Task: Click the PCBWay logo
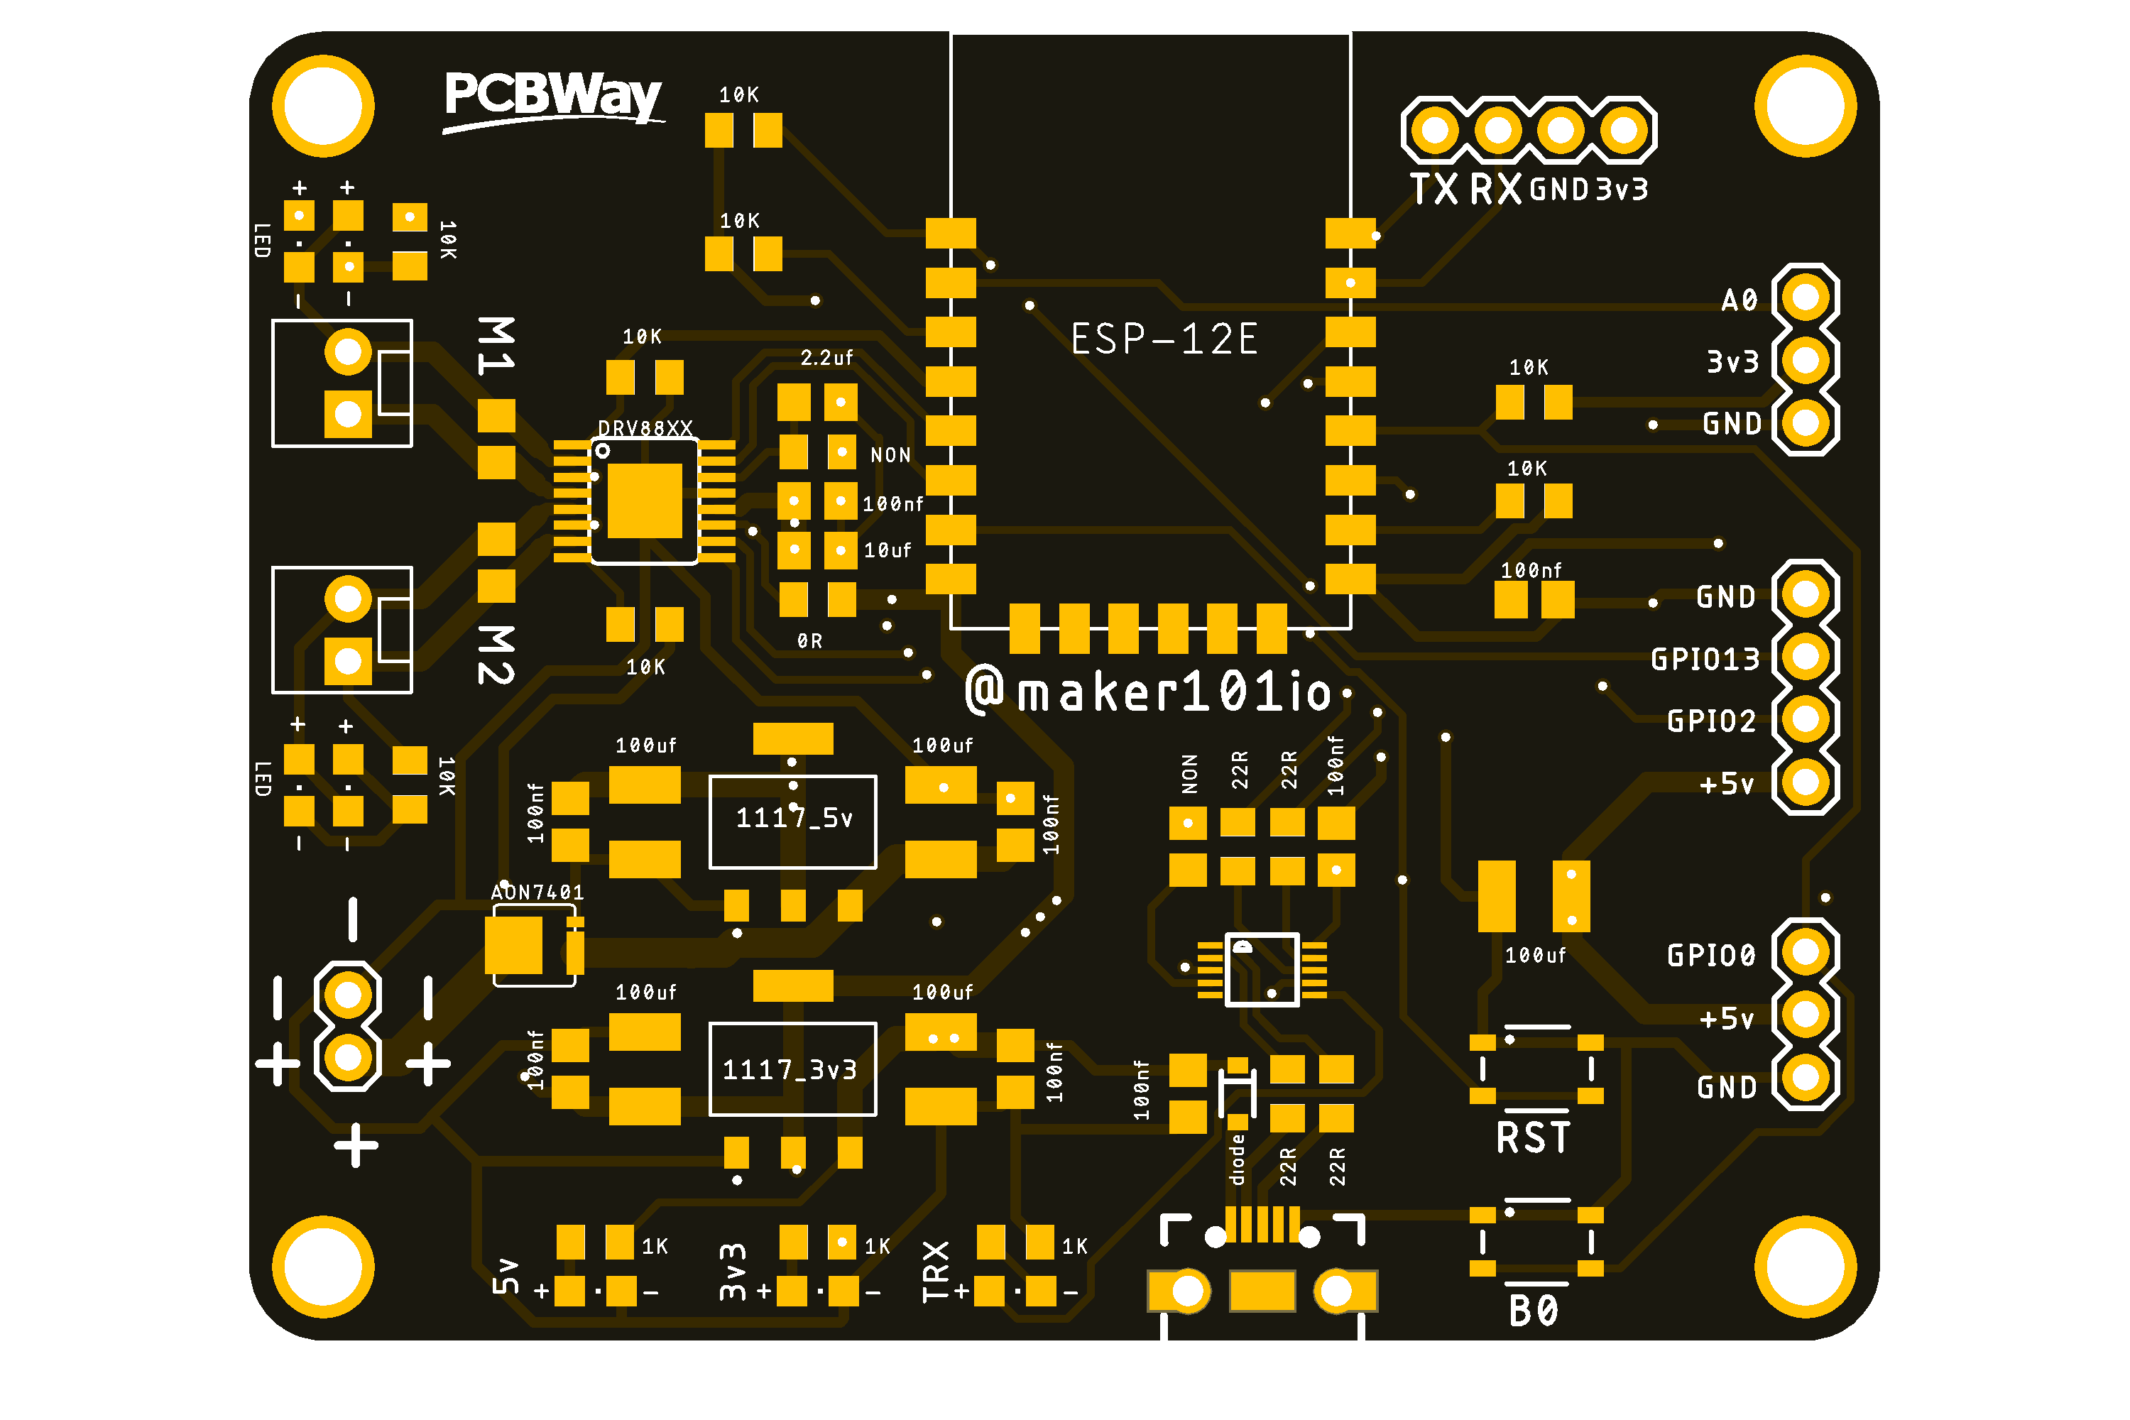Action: [x=552, y=98]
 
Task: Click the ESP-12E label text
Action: [x=1164, y=339]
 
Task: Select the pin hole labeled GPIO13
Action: [x=1805, y=657]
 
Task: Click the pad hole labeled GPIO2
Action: [x=1805, y=719]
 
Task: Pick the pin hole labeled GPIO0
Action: [x=1805, y=952]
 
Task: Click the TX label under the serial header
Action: [x=1434, y=190]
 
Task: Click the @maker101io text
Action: [x=1148, y=692]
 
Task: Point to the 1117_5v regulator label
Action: [x=793, y=819]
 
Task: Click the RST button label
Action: [x=1533, y=1138]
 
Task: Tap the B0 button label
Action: [x=1533, y=1311]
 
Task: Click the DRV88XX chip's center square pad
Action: [x=644, y=501]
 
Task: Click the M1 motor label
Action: [x=496, y=346]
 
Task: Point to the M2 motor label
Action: [x=496, y=654]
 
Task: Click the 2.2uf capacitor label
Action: [x=826, y=359]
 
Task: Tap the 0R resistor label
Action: [x=809, y=641]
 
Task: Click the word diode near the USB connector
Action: [x=1237, y=1160]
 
